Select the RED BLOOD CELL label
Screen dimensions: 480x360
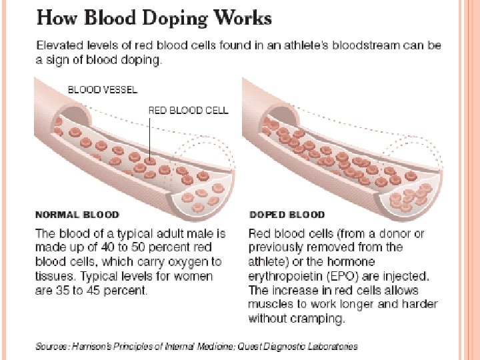[x=188, y=110]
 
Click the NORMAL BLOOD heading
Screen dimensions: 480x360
[x=77, y=215]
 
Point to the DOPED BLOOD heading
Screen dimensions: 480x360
[x=287, y=215]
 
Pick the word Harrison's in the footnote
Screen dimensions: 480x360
[x=96, y=347]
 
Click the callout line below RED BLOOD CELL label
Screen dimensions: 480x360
[x=150, y=137]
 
